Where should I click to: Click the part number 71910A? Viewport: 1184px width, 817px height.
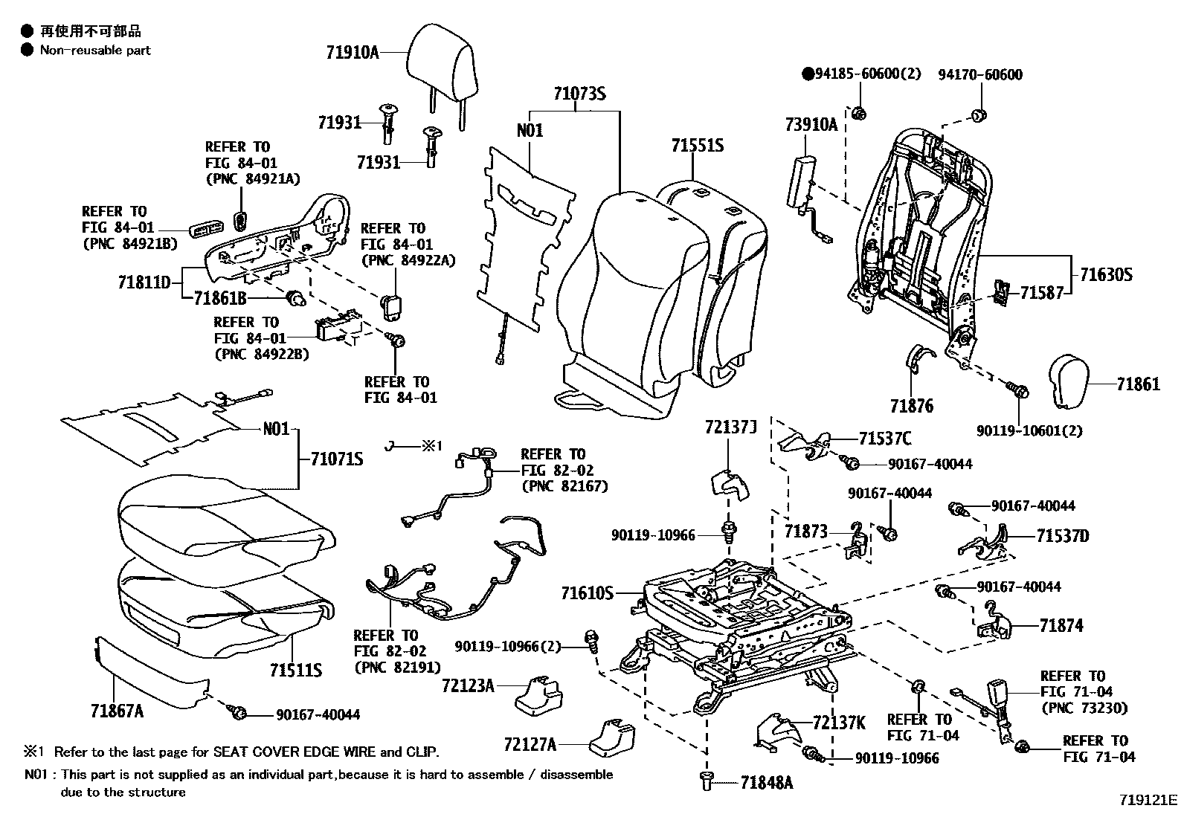tap(352, 52)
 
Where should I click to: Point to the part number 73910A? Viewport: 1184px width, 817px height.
tap(811, 125)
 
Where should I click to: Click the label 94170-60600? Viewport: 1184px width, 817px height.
tap(979, 74)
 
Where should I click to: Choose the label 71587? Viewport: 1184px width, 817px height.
tap(1041, 293)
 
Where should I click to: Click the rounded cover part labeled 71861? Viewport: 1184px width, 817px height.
tap(1072, 381)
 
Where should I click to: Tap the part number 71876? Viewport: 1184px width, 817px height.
tap(911, 406)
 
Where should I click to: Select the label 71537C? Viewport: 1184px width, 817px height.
tap(884, 439)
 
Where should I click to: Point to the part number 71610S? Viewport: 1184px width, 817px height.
tap(588, 592)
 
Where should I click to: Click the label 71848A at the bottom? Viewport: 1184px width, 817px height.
tap(766, 782)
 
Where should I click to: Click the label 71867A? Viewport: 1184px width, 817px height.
tap(117, 711)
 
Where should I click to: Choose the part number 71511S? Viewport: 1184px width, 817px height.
tap(296, 670)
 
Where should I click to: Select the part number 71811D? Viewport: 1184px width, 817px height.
tap(144, 282)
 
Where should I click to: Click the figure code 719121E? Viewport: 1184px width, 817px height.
tap(1148, 801)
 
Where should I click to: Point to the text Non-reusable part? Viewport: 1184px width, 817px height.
tap(95, 51)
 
